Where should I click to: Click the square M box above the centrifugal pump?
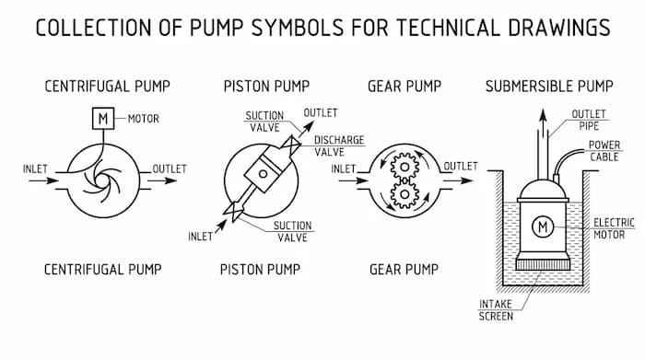click(103, 119)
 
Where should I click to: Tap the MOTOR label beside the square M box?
click(143, 119)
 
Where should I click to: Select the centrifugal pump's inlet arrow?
click(43, 180)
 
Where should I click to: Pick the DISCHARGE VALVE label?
click(339, 145)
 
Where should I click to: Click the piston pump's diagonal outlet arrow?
click(305, 129)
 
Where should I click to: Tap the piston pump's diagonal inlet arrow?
click(221, 226)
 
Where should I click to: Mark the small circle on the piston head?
click(263, 173)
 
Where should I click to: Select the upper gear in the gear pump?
click(405, 167)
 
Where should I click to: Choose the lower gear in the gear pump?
click(405, 194)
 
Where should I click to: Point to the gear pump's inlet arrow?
click(353, 180)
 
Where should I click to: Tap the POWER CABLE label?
click(604, 151)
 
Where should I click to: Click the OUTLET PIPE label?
click(589, 120)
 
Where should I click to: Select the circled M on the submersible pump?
click(543, 226)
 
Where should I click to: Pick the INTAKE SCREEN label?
click(496, 310)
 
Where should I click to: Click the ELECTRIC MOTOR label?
click(614, 229)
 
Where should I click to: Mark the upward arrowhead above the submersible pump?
click(544, 115)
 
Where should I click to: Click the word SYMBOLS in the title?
click(298, 28)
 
